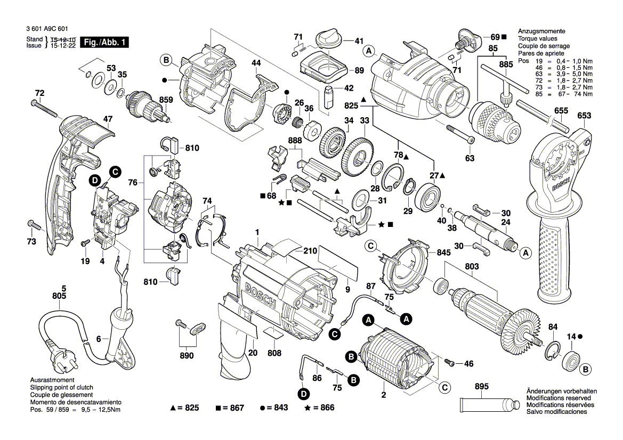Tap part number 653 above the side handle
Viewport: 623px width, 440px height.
(x=584, y=115)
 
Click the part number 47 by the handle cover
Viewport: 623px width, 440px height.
(x=108, y=119)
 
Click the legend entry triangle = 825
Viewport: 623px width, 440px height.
(x=184, y=408)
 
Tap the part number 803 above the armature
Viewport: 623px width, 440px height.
(x=471, y=266)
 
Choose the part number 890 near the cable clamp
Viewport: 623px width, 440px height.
(x=186, y=355)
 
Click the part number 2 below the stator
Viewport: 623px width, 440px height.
(x=383, y=395)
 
